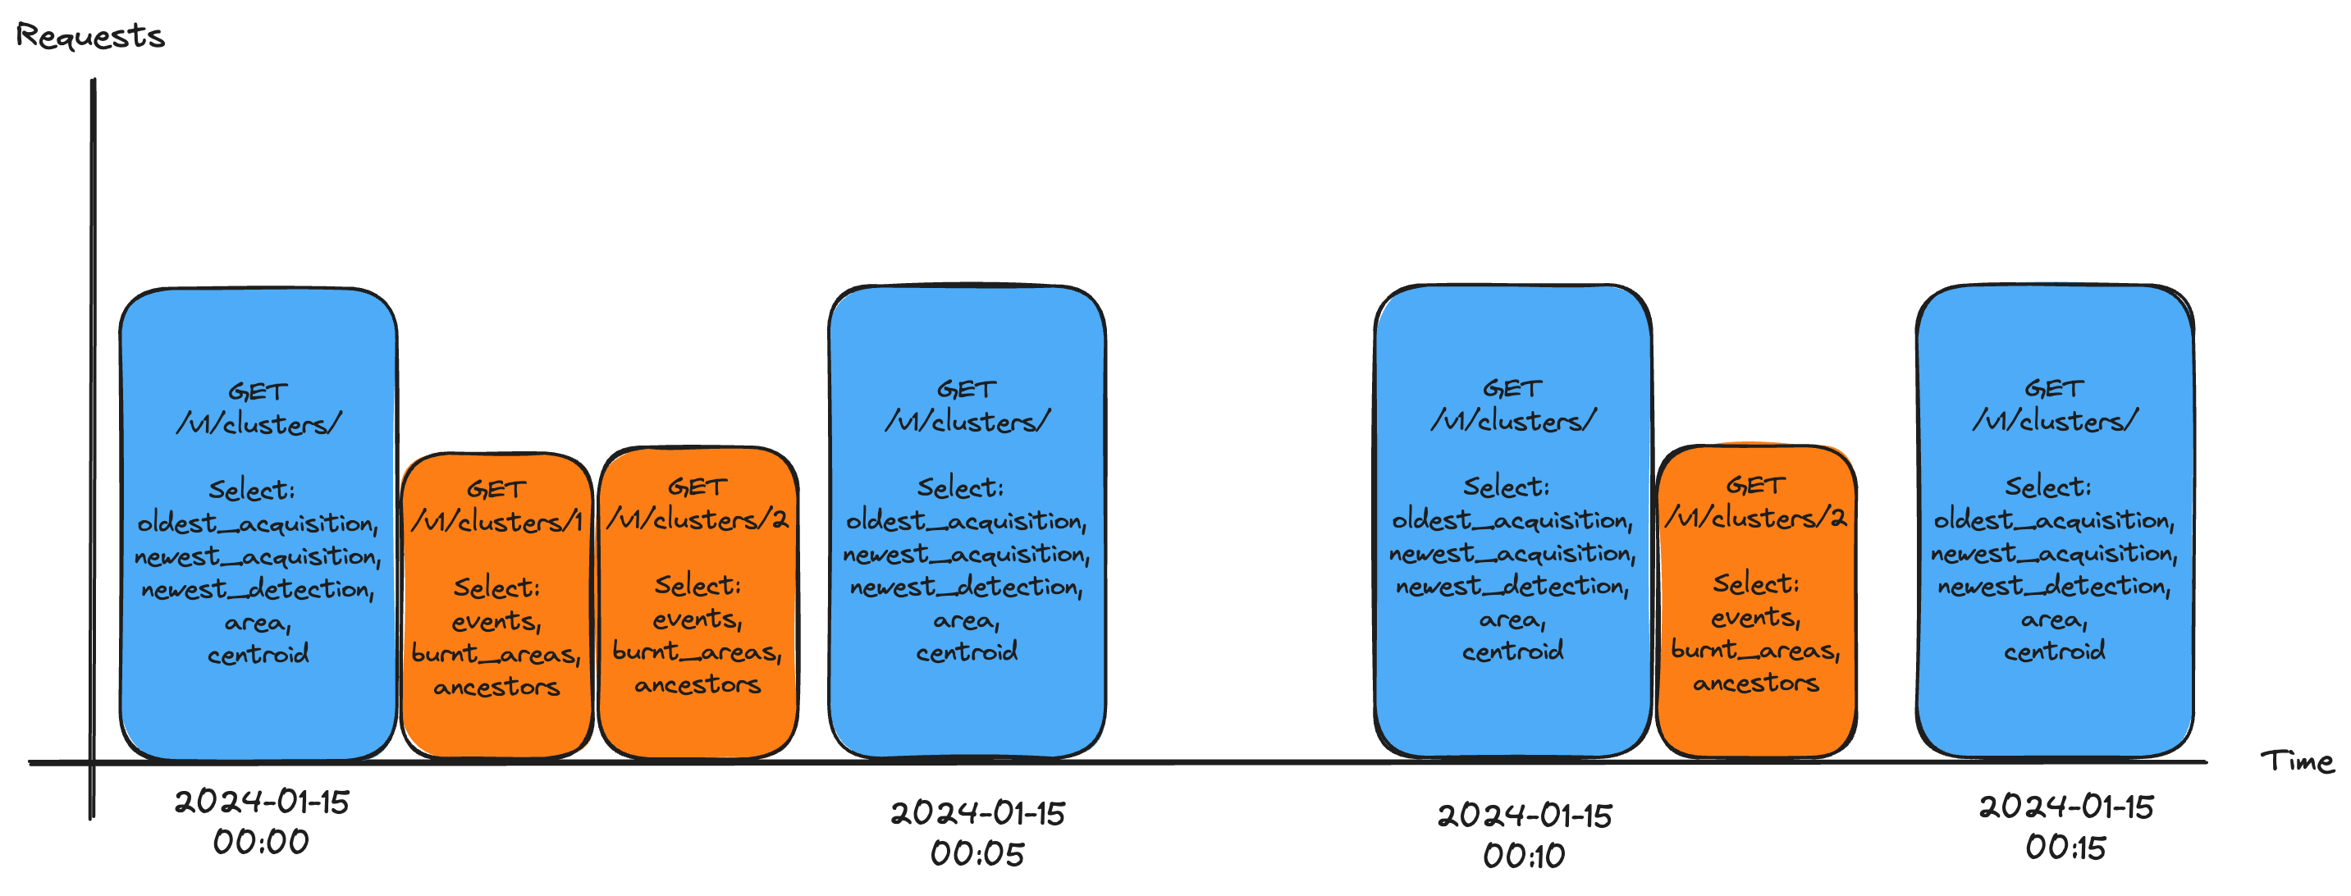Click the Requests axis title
89,36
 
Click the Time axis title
2296,761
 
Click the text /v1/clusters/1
496,522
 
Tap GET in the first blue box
258,392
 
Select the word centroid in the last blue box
2055,651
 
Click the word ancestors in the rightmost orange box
1756,683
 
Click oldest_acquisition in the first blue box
258,523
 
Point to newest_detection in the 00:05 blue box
967,587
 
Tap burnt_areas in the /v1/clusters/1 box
496,654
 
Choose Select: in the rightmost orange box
1756,584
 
